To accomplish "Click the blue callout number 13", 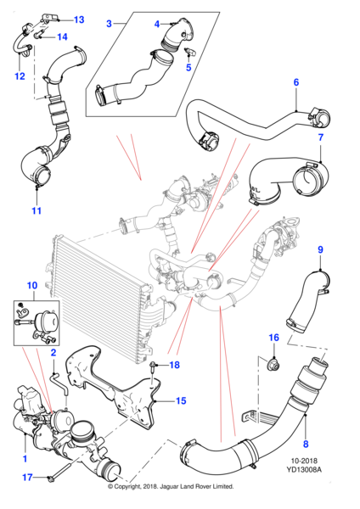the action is pos(79,20).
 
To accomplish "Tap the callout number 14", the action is pos(62,36).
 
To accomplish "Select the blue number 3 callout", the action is pos(110,24).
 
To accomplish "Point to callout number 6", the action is pos(296,82).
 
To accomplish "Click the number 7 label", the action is pos(321,137).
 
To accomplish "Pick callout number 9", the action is pos(320,249).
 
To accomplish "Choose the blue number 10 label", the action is pos(32,285).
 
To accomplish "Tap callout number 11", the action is pos(37,210).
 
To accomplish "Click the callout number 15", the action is pos(181,401).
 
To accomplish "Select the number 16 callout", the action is pos(274,338).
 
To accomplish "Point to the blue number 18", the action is pos(174,365).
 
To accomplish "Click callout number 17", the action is pos(27,477).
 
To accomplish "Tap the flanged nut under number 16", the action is pos(273,366).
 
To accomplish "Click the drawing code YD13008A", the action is pos(304,469).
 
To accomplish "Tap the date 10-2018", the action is pos(304,461).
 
